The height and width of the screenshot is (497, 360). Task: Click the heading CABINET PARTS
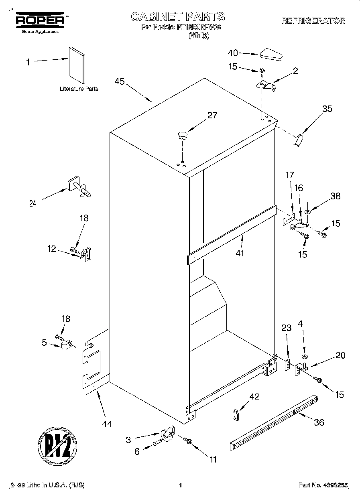[178, 17]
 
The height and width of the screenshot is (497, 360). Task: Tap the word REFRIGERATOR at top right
[313, 21]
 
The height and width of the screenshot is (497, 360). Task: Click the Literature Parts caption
[79, 89]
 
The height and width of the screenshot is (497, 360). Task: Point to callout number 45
[119, 81]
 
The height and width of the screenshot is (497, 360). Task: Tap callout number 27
[212, 116]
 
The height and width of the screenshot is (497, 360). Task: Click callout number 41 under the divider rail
[240, 253]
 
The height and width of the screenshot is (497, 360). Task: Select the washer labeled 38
[307, 211]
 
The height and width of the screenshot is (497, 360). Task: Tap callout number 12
[51, 249]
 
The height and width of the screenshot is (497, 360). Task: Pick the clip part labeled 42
[236, 415]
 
